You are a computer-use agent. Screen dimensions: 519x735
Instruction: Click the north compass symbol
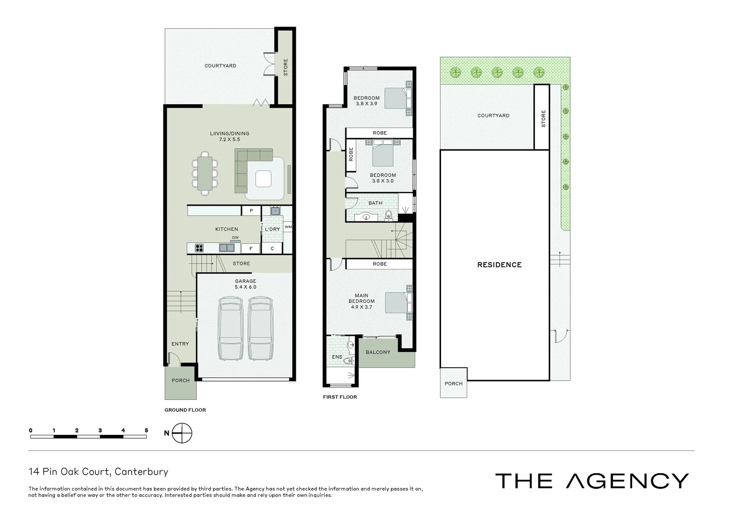coord(182,433)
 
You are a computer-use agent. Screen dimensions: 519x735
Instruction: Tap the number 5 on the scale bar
coord(146,431)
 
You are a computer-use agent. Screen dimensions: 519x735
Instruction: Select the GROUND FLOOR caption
coord(185,410)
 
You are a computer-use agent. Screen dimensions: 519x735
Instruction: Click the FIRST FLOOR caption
coord(340,397)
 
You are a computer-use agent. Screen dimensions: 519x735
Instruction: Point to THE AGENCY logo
coord(592,481)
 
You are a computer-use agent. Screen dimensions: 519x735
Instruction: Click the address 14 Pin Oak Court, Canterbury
coord(98,472)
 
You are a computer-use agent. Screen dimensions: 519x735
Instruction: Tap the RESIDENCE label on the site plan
coord(499,265)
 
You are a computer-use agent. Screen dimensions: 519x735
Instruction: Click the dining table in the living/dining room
coord(205,173)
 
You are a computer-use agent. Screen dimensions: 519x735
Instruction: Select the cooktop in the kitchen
coord(199,248)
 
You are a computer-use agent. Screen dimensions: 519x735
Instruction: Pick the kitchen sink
coord(227,248)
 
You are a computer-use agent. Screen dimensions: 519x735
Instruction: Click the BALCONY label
coord(378,352)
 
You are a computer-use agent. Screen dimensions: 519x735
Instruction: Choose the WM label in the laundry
coord(288,227)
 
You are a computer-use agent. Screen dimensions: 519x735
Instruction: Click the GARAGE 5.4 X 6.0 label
coord(245,284)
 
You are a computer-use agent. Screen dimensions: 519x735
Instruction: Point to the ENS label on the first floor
coord(337,357)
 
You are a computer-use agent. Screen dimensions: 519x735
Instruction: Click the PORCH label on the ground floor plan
coord(181,381)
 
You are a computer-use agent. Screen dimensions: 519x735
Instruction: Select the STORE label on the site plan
coord(544,119)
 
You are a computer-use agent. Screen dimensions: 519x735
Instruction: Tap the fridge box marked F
coord(251,248)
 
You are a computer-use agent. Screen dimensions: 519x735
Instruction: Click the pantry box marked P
coord(251,211)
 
